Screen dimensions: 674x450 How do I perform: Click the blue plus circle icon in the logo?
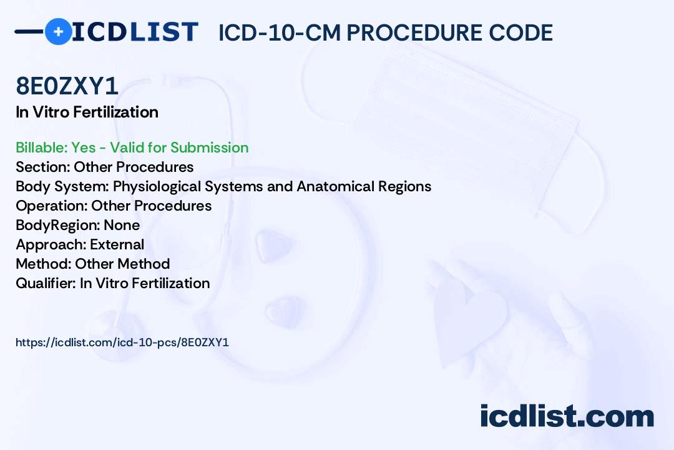(x=58, y=31)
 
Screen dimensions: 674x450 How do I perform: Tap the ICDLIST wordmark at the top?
(x=135, y=32)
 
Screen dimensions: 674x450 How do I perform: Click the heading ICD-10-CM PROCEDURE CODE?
(x=386, y=32)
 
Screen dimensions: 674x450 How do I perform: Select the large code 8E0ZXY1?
(x=67, y=86)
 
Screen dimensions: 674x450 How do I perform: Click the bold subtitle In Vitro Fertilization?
(x=87, y=112)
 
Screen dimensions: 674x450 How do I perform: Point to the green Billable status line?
(x=132, y=147)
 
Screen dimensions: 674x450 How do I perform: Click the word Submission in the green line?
(x=209, y=147)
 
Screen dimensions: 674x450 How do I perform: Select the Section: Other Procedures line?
(x=104, y=167)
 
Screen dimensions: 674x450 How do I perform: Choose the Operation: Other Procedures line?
(x=114, y=206)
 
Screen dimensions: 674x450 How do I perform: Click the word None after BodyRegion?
(x=122, y=225)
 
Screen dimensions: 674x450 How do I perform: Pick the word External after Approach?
(x=117, y=244)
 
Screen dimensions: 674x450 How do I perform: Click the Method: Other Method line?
(x=93, y=264)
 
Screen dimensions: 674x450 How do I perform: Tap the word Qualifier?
(x=46, y=283)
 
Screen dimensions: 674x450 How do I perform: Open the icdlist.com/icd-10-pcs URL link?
(x=122, y=342)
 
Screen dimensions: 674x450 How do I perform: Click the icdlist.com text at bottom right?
(x=567, y=416)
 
